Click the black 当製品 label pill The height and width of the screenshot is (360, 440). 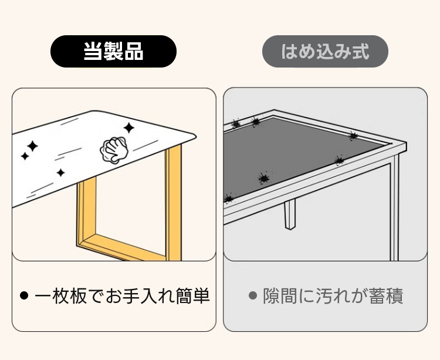[x=113, y=52]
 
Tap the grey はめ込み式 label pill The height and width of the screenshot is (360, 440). [x=325, y=52]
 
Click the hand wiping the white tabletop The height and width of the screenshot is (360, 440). [x=114, y=149]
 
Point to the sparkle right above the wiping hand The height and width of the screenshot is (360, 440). [x=129, y=128]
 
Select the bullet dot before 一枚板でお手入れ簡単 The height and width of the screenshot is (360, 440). [x=24, y=295]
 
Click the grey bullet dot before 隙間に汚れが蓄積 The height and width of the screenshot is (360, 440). [x=253, y=295]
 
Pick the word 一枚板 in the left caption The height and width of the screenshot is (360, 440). [x=61, y=296]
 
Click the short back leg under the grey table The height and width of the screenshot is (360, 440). [x=290, y=214]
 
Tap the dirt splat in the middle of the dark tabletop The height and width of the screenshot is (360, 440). [x=263, y=178]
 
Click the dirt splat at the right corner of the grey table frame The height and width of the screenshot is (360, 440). [x=353, y=136]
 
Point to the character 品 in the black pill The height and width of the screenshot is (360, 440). [x=134, y=52]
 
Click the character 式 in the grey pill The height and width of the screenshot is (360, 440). [x=360, y=52]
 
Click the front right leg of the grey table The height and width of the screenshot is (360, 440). [x=395, y=208]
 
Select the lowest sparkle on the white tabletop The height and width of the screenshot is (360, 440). [x=60, y=173]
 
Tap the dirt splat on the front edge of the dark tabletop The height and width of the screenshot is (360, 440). [x=229, y=198]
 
